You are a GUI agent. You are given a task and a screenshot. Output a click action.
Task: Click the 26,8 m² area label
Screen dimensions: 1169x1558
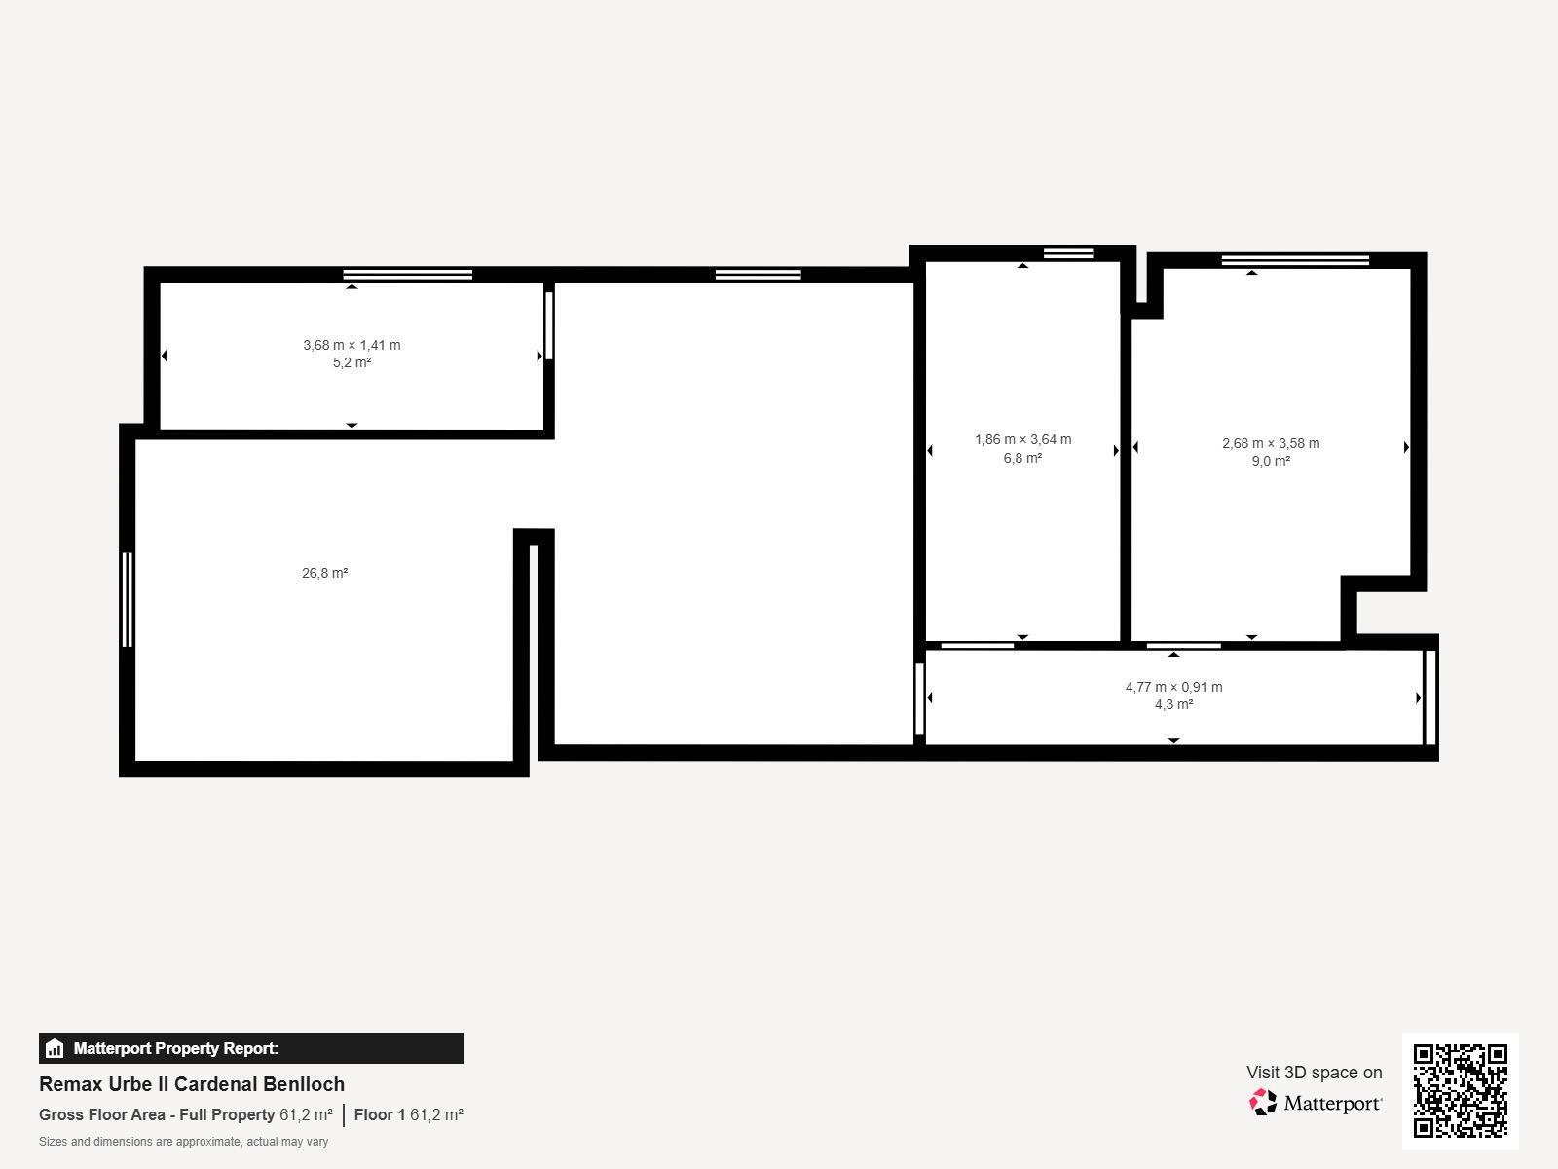click(324, 573)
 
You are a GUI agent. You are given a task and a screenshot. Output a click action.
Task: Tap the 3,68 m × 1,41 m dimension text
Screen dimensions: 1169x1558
click(352, 345)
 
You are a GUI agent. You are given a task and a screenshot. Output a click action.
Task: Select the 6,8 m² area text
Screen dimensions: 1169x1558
click(1022, 458)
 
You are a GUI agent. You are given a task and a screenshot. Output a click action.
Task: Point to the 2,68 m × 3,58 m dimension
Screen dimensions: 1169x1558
click(1271, 443)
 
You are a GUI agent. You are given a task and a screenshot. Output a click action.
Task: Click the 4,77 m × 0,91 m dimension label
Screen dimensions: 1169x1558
click(1173, 687)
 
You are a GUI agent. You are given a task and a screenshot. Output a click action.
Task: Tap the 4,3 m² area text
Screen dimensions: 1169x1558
click(1173, 704)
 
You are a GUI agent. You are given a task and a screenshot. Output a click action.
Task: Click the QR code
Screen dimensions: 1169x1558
click(1460, 1090)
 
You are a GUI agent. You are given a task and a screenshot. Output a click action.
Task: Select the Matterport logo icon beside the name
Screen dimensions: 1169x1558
click(1263, 1102)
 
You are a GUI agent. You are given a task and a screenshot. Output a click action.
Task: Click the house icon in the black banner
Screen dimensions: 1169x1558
click(55, 1049)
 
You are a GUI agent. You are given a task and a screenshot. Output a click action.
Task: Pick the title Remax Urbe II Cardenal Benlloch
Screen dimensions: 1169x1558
click(192, 1084)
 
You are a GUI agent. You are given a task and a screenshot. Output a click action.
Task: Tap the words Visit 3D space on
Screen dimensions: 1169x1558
click(1314, 1072)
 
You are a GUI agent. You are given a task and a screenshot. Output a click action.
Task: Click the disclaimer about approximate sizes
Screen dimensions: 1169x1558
click(183, 1142)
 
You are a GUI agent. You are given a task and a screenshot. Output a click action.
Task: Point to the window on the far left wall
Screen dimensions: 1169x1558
click(127, 599)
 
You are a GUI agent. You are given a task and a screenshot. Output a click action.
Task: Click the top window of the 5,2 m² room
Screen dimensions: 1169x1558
click(407, 275)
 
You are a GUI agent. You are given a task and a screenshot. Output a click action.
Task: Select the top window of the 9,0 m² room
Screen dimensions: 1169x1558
click(1295, 260)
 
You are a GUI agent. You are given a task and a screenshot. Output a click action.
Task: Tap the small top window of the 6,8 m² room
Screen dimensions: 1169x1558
click(1068, 253)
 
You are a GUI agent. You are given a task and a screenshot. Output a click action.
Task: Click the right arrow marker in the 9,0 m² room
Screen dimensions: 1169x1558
click(1406, 447)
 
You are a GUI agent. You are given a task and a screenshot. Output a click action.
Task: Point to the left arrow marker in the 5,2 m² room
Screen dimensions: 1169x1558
click(164, 356)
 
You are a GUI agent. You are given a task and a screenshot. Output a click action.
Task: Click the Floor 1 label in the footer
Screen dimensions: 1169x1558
click(379, 1114)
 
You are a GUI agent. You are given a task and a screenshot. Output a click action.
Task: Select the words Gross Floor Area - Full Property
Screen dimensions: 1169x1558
click(157, 1114)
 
